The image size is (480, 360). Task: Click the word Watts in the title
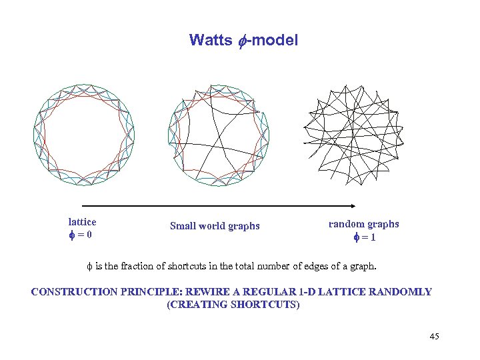point(206,41)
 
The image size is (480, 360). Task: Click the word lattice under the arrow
point(82,222)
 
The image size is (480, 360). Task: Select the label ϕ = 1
point(364,237)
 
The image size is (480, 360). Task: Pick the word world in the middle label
point(213,226)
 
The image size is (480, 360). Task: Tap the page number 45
point(434,336)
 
